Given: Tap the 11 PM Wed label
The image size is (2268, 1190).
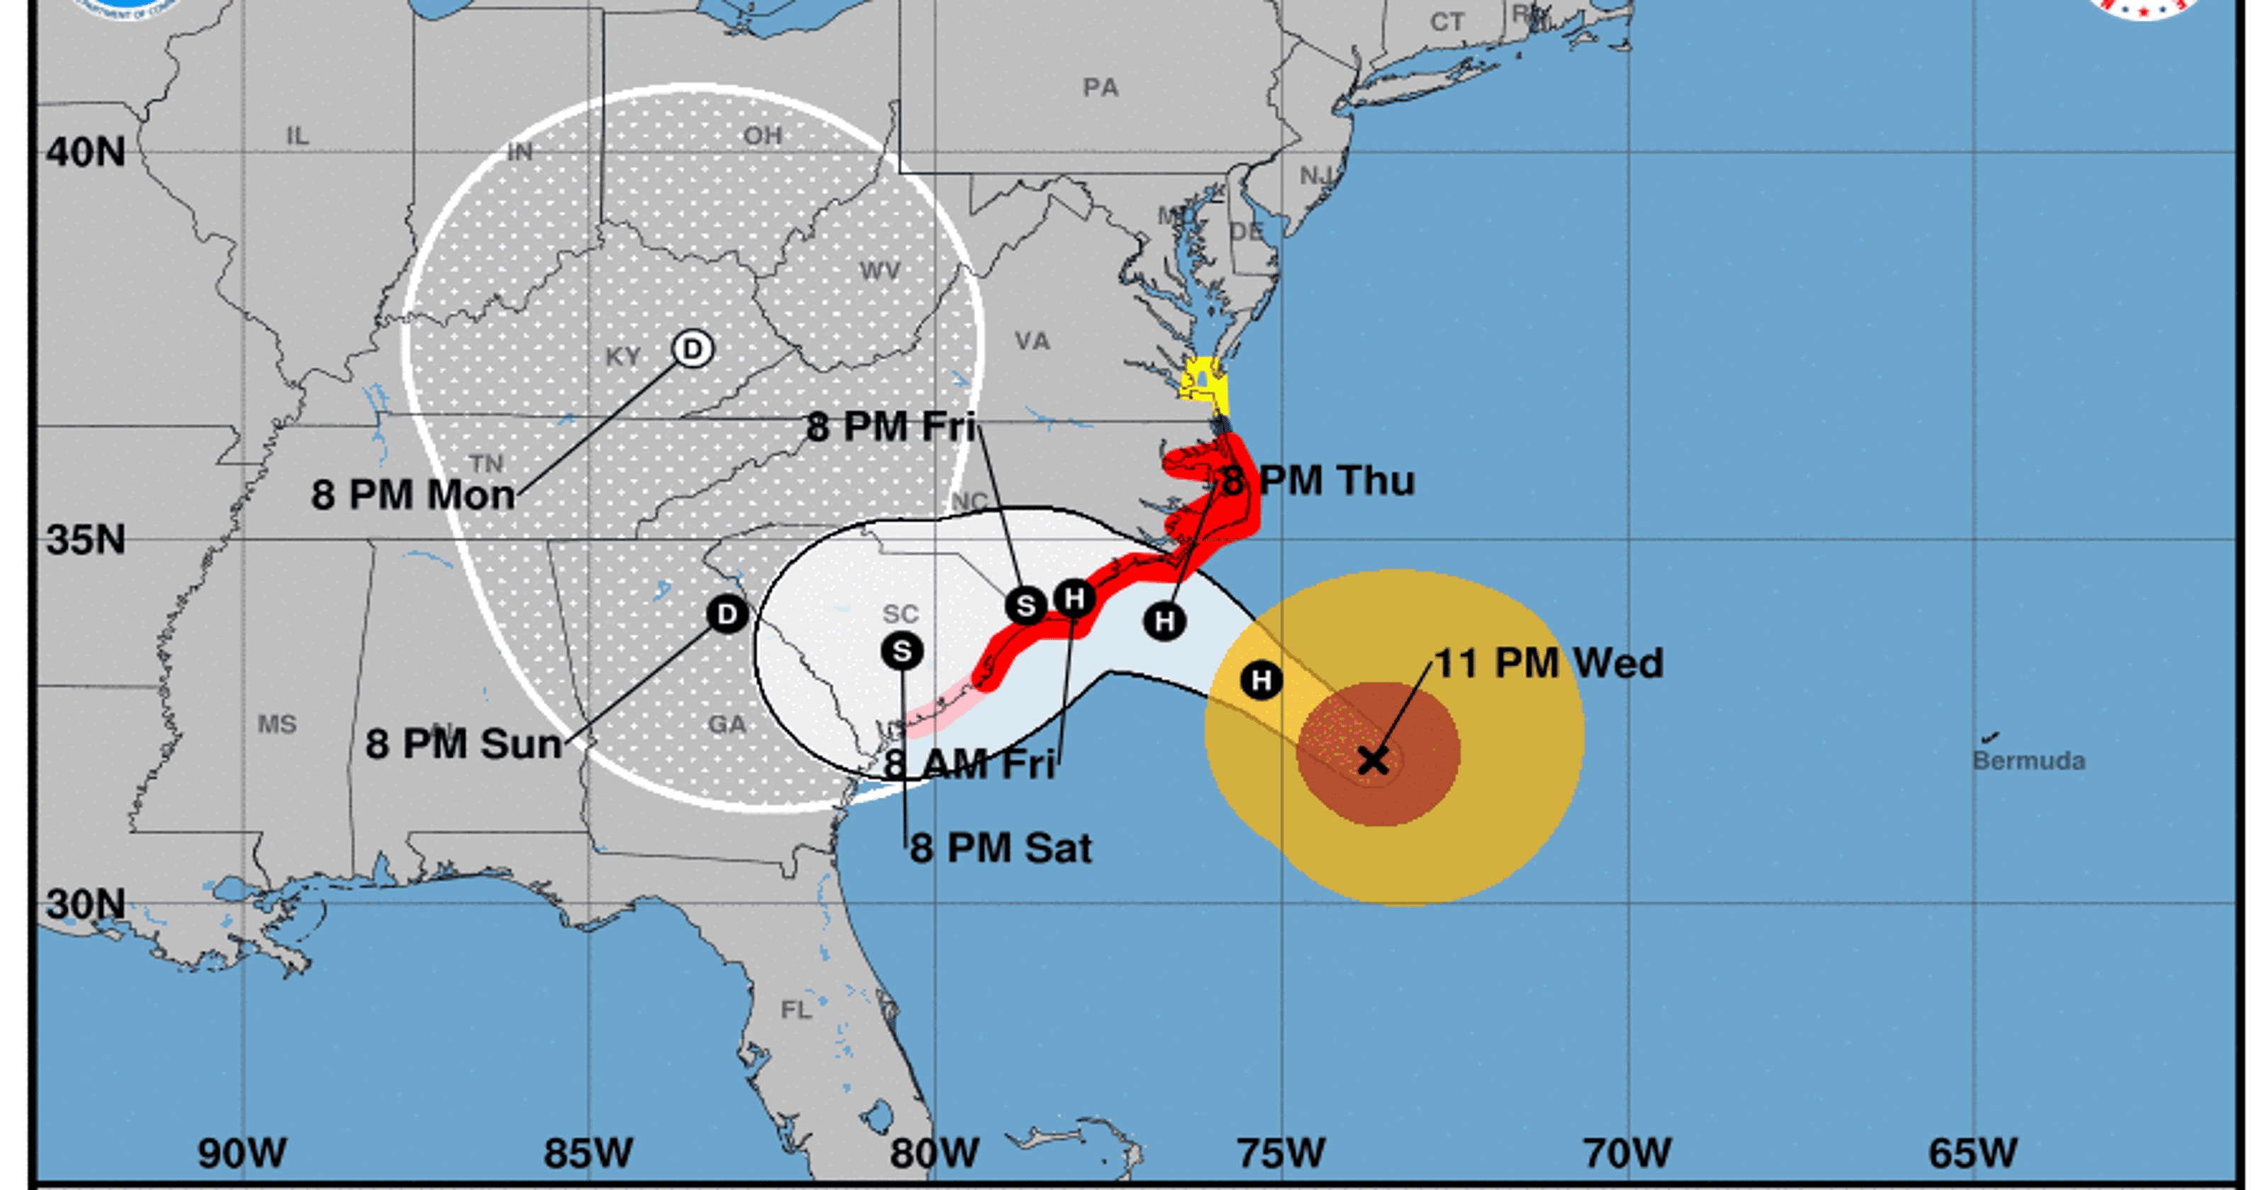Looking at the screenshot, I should (1549, 664).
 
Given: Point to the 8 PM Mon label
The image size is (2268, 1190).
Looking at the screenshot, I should (413, 494).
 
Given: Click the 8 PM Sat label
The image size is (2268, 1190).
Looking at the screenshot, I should (1001, 849).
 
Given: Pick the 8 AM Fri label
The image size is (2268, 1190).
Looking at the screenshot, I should (970, 764).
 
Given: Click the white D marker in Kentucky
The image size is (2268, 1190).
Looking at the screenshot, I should (693, 348).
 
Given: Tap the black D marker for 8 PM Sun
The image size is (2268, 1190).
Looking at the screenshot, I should (726, 614).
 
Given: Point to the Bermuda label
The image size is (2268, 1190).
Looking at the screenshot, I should (2028, 761).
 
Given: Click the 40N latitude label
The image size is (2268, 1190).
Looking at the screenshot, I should (85, 152).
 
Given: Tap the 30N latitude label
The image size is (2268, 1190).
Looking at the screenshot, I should (85, 904).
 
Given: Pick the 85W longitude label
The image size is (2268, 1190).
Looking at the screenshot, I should (588, 1153).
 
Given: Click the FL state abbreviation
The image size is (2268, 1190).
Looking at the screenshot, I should (796, 1009).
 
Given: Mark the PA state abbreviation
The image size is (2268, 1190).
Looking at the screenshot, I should (1101, 87).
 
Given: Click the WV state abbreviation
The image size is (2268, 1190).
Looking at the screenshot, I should (880, 271).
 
